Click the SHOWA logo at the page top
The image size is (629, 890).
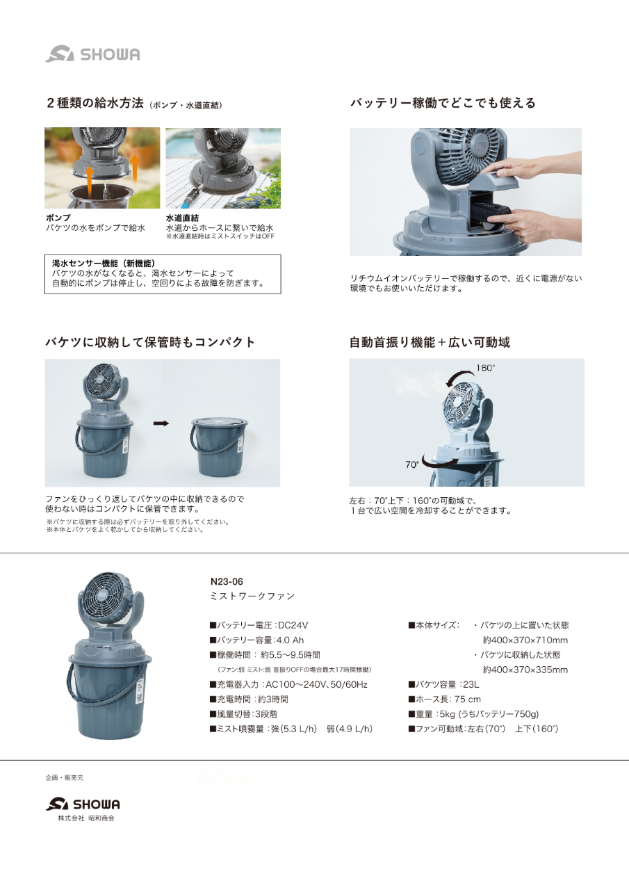tap(92, 54)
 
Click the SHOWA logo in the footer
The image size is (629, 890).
tap(83, 804)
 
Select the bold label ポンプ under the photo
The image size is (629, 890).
tap(58, 218)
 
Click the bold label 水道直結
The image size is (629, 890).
tap(182, 218)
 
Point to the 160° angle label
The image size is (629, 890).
tap(487, 367)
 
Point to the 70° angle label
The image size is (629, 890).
tap(412, 464)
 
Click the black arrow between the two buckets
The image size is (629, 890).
tap(161, 423)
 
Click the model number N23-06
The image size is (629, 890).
tap(227, 581)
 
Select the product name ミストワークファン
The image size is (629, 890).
tap(252, 596)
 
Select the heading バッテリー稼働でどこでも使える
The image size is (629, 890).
tap(442, 103)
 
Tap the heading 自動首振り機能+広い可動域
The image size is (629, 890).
tap(430, 342)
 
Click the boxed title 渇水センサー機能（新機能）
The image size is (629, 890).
tap(104, 264)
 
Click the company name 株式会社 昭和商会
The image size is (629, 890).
tap(86, 818)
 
